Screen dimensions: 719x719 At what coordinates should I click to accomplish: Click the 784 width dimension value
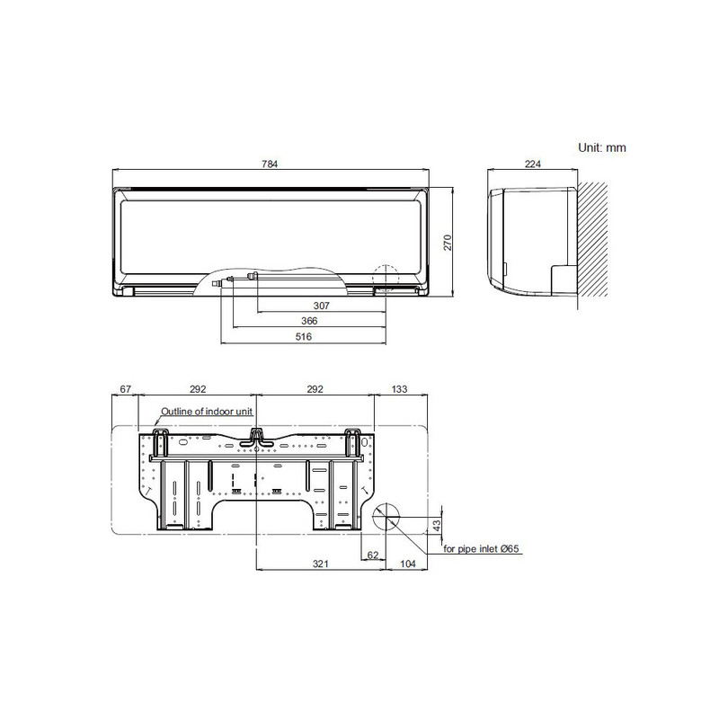pyautogui.click(x=271, y=164)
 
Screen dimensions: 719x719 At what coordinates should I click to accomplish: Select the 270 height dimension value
pyautogui.click(x=447, y=241)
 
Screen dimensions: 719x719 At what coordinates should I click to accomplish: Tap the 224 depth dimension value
pyautogui.click(x=531, y=164)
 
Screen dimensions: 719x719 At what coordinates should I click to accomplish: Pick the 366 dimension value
pyautogui.click(x=310, y=321)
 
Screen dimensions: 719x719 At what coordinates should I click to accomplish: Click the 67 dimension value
pyautogui.click(x=125, y=389)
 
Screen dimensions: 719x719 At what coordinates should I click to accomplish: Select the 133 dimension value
pyautogui.click(x=400, y=389)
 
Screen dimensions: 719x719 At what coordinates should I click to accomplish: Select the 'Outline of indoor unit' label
pyautogui.click(x=206, y=411)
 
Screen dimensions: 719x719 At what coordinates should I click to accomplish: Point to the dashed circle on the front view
pyautogui.click(x=385, y=278)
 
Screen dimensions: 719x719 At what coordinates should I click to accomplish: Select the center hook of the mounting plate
pyautogui.click(x=258, y=438)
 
